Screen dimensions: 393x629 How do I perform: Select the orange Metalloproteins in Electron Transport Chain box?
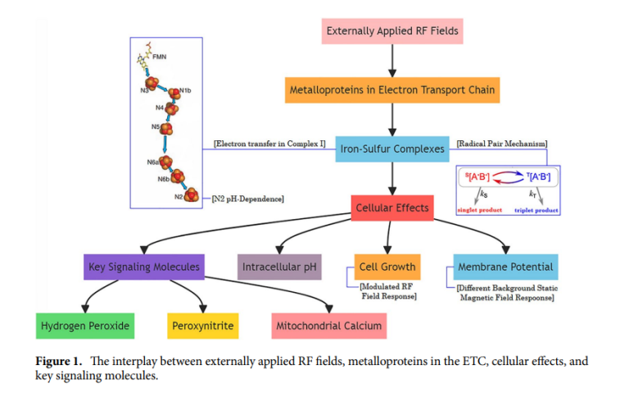(392, 89)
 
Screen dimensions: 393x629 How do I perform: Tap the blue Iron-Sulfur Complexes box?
(392, 149)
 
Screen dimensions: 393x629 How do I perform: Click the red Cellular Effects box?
(391, 208)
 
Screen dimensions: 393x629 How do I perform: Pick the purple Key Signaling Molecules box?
(143, 267)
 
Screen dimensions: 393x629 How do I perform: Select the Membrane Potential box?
(505, 267)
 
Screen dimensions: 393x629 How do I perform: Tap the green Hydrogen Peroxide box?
(85, 326)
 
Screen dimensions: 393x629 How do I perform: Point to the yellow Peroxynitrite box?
(202, 326)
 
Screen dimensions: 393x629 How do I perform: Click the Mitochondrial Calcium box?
(328, 326)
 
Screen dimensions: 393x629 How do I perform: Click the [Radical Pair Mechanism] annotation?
(501, 144)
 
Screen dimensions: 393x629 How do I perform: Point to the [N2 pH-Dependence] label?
(247, 198)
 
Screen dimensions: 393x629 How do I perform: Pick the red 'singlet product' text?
(477, 211)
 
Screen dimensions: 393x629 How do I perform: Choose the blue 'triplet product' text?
(536, 211)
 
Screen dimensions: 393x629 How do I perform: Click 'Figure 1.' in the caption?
(60, 361)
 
